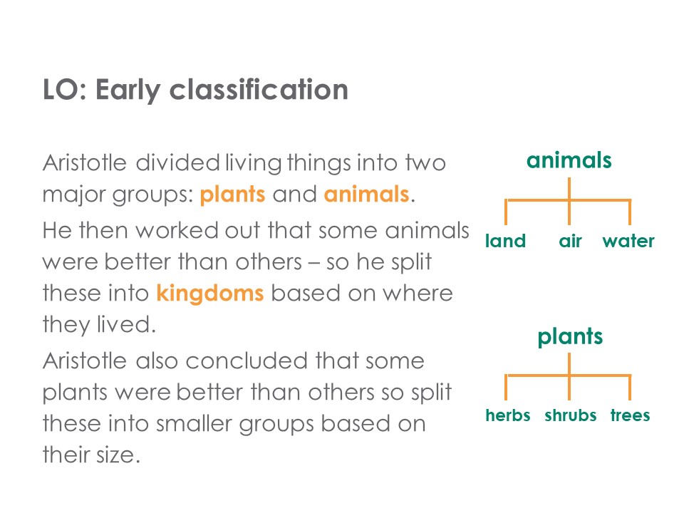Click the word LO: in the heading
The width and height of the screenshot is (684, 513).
click(x=65, y=90)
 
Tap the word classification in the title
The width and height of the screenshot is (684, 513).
click(x=259, y=89)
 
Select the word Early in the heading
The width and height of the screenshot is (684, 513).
click(x=128, y=90)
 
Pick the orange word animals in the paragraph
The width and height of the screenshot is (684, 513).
click(x=366, y=194)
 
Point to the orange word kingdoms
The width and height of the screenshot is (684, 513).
click(x=209, y=293)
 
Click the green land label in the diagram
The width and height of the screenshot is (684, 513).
click(x=506, y=240)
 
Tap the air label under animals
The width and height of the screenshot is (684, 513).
click(x=570, y=240)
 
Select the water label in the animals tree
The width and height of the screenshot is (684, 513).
click(x=628, y=241)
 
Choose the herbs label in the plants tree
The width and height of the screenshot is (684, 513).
click(x=508, y=415)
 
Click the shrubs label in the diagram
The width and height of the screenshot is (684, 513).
click(x=570, y=415)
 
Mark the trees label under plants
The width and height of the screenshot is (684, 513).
click(x=630, y=415)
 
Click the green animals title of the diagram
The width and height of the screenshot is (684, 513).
click(x=569, y=160)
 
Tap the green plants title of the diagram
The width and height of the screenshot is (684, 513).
click(x=570, y=338)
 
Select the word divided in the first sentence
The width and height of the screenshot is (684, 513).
click(x=177, y=162)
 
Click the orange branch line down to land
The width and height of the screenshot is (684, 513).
click(x=506, y=212)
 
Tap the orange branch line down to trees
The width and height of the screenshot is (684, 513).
click(x=630, y=388)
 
